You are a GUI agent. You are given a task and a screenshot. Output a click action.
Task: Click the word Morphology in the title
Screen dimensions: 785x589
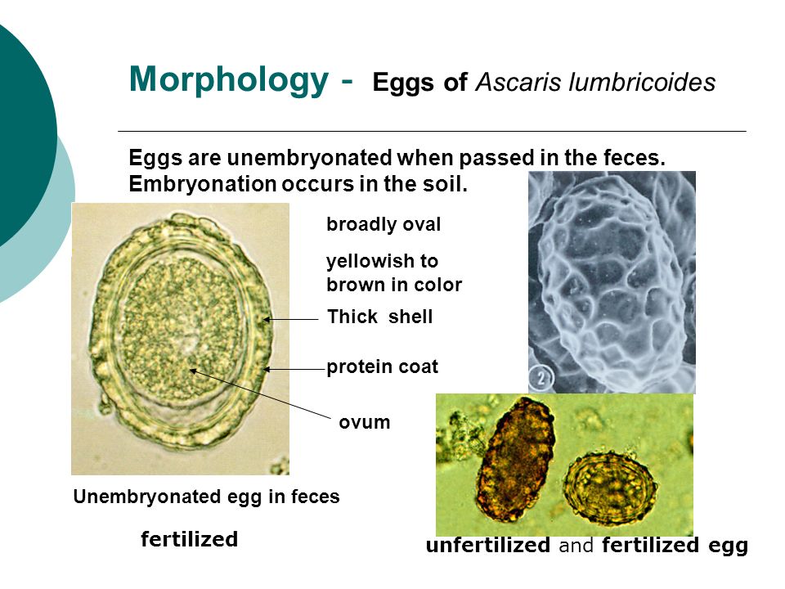[229, 80]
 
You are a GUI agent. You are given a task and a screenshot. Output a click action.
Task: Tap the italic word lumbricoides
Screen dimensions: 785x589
[643, 82]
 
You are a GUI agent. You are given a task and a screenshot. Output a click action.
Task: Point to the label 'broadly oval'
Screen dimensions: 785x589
[384, 224]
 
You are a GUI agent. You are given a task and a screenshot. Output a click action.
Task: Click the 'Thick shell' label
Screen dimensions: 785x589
[380, 317]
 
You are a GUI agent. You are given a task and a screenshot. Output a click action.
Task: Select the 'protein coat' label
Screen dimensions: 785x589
[383, 367]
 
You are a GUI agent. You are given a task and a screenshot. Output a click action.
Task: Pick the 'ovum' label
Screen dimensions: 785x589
[365, 422]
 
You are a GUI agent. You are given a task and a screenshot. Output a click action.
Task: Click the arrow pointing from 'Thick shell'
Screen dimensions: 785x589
[291, 319]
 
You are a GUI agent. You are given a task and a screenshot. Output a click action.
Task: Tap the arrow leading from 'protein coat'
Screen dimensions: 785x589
[295, 370]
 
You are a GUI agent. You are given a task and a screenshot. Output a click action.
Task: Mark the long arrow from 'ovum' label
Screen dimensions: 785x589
[260, 393]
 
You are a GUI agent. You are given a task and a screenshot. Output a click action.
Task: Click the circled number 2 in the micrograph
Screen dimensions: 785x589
[541, 376]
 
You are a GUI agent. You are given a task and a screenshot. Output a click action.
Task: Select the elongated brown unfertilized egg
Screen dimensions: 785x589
[516, 458]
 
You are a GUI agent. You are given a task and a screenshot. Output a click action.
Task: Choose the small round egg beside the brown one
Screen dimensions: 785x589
[611, 484]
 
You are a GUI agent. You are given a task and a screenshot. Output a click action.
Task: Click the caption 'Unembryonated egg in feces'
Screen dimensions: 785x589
[206, 497]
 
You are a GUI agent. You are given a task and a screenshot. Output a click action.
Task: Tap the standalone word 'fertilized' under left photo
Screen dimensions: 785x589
[189, 539]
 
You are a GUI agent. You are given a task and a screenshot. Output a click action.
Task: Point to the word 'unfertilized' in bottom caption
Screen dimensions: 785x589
[488, 546]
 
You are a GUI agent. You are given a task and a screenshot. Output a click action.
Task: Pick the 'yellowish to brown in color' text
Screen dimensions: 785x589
[394, 273]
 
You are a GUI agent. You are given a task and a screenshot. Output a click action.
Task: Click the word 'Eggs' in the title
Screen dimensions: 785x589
[403, 83]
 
